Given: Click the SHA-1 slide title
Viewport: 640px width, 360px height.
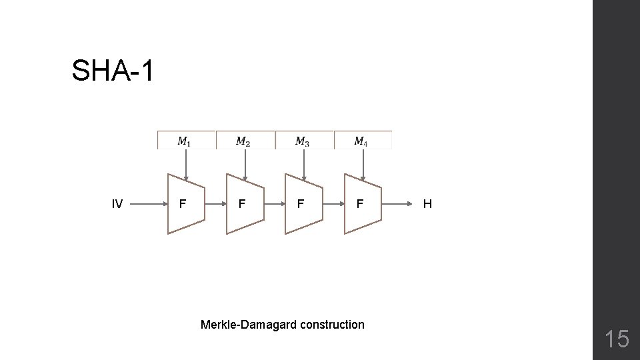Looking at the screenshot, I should [x=113, y=71].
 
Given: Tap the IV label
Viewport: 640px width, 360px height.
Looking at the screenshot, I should [x=117, y=204].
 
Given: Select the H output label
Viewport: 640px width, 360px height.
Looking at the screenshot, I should [x=427, y=204].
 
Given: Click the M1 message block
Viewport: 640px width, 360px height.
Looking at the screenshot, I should [x=187, y=140].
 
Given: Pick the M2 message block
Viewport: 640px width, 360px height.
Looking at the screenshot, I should [x=245, y=140].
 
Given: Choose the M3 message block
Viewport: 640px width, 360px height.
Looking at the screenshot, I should [x=304, y=140].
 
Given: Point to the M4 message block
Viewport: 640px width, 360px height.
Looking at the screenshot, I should [x=363, y=140].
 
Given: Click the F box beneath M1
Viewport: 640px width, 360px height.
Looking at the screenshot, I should [x=184, y=204].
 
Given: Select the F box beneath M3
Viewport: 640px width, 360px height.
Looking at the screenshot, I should [x=301, y=204].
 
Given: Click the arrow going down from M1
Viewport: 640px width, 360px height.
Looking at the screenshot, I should [x=186, y=163].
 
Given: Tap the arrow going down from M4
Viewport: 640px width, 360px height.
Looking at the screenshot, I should [x=363, y=163].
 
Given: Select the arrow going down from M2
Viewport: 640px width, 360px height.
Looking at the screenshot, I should [x=245, y=163].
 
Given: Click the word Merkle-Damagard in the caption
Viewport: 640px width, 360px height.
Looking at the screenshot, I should [x=249, y=325].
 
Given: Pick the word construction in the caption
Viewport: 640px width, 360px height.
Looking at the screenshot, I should [x=332, y=325].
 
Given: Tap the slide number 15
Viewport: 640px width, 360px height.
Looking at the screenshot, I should [x=617, y=339].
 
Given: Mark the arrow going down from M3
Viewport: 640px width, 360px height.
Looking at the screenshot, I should [x=304, y=163].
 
